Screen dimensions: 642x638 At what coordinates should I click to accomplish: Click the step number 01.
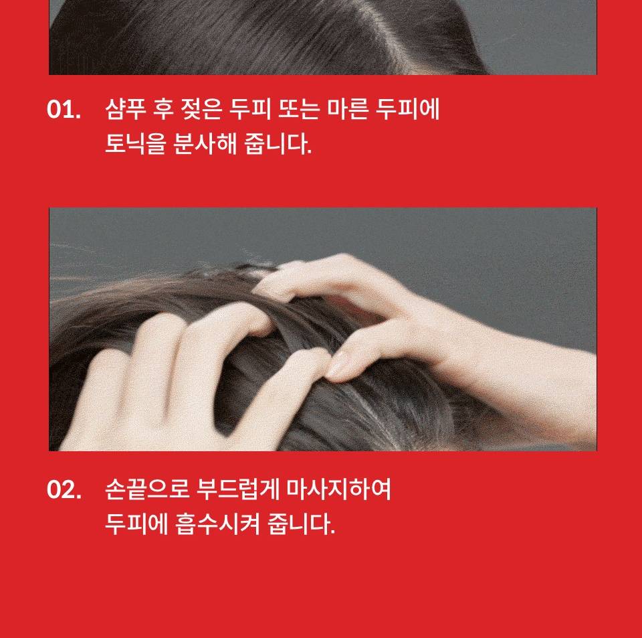[x=64, y=110]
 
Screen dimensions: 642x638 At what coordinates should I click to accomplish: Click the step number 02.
[x=64, y=489]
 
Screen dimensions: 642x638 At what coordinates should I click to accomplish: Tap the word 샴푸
[x=126, y=109]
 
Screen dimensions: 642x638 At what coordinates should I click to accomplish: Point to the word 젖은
[x=202, y=109]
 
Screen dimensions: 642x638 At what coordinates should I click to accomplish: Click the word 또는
[x=299, y=109]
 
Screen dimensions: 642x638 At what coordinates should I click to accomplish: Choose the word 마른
[x=348, y=109]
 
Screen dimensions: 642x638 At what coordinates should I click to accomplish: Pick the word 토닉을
[x=136, y=144]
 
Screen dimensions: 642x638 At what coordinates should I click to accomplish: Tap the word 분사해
[x=205, y=144]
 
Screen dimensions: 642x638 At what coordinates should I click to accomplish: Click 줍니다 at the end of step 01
[x=278, y=144]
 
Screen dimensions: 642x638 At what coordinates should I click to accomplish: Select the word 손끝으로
[x=147, y=489]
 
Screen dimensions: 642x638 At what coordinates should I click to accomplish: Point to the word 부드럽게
[x=238, y=489]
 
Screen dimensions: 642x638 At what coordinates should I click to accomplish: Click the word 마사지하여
[x=338, y=489]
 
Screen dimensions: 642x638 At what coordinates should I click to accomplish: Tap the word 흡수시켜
[x=217, y=524]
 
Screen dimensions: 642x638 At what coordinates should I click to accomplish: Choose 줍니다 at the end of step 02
[x=301, y=524]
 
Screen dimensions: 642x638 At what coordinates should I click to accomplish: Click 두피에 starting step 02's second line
[x=136, y=524]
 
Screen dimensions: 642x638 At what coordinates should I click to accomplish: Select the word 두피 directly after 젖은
[x=250, y=109]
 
